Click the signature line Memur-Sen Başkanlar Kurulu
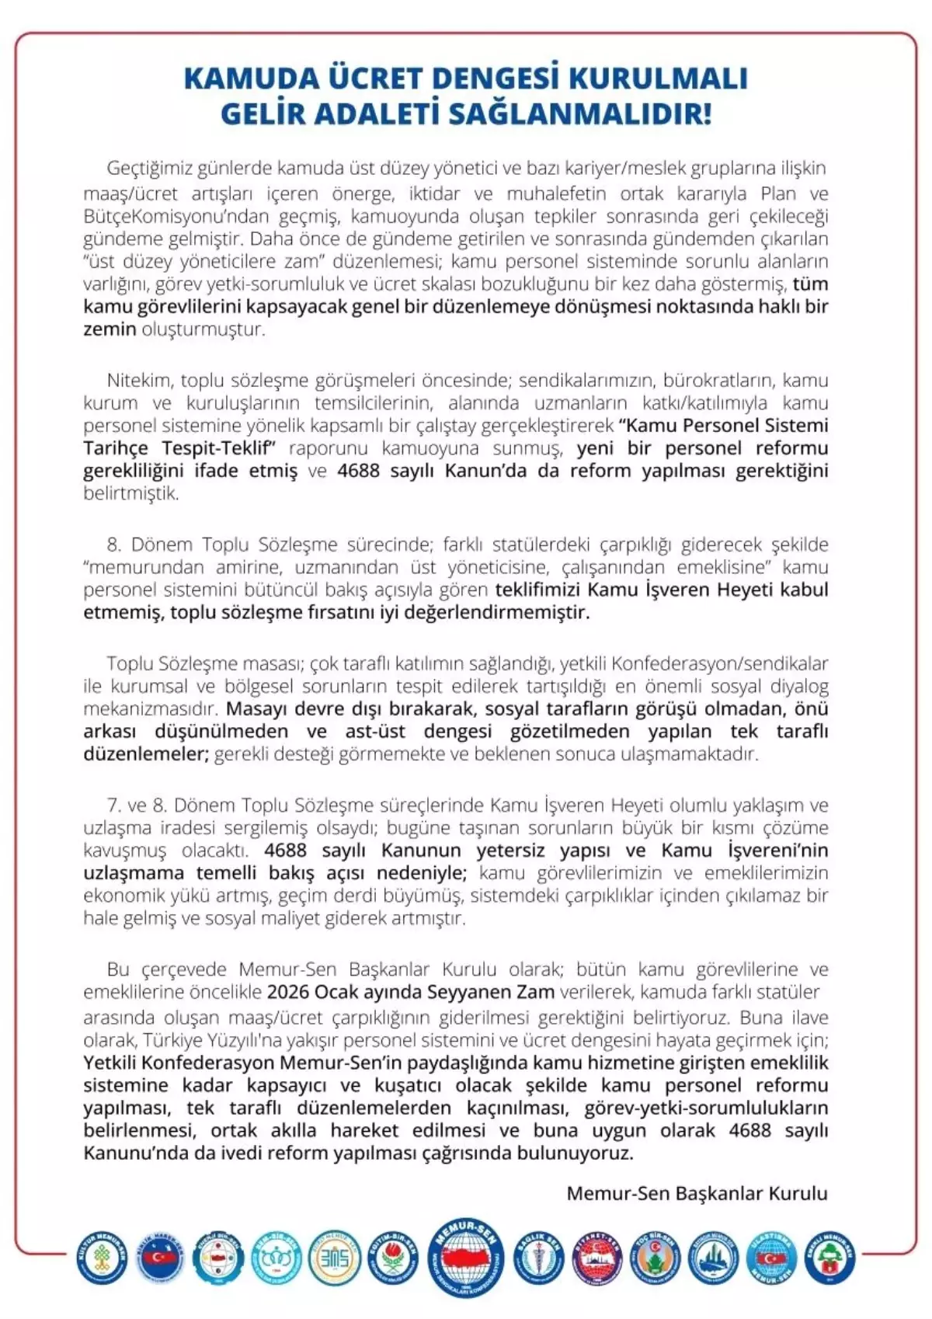tap(697, 1193)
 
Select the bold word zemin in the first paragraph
tap(110, 329)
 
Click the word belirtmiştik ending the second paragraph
tap(131, 493)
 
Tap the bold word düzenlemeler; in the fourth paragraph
tap(146, 753)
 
